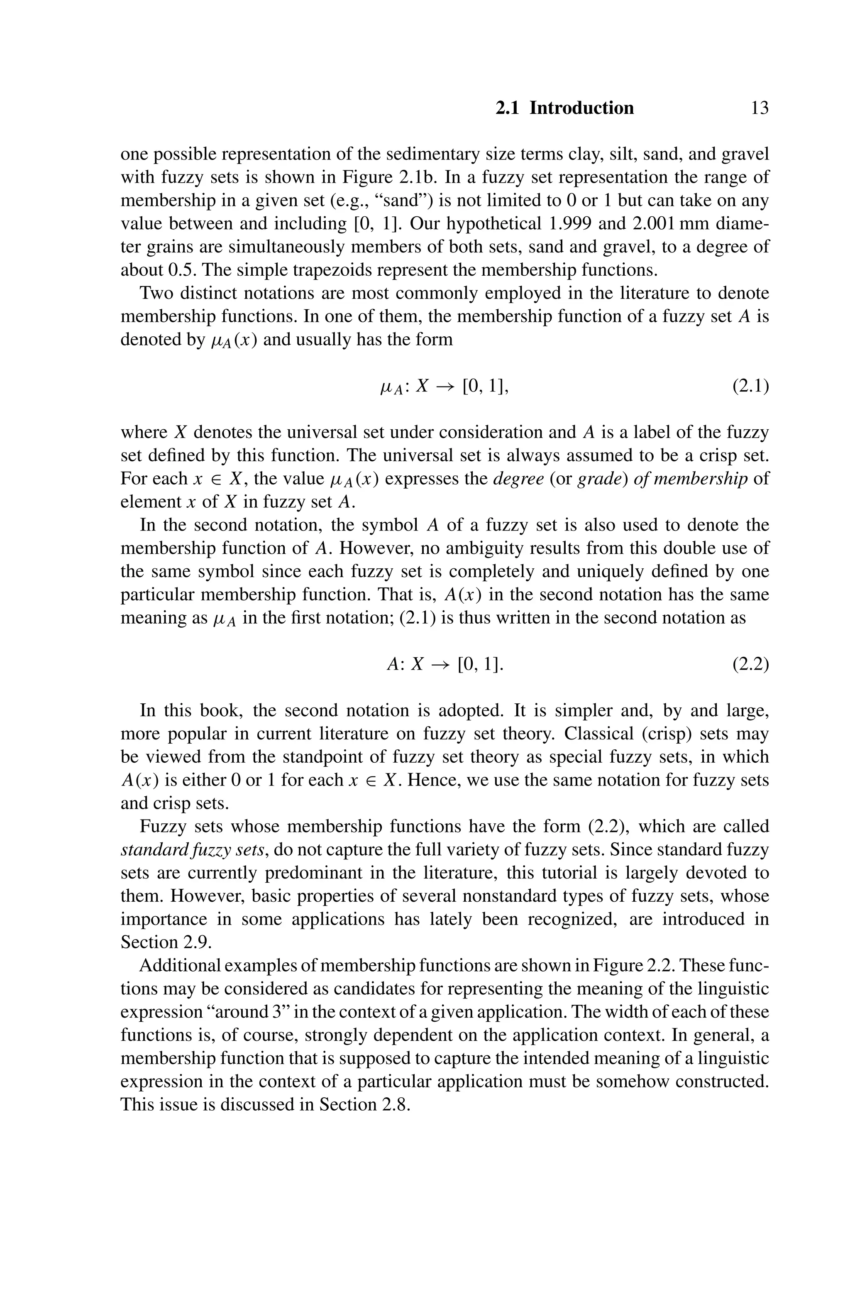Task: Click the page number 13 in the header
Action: click(759, 108)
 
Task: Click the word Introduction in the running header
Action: click(581, 108)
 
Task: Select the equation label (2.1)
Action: click(750, 387)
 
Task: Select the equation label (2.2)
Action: click(750, 664)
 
